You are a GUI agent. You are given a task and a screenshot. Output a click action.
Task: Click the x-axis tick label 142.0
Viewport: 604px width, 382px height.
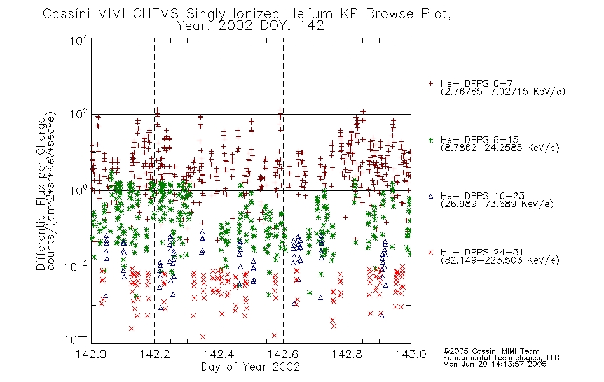coord(91,354)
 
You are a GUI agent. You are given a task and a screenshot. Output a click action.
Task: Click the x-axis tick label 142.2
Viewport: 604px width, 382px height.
coord(155,354)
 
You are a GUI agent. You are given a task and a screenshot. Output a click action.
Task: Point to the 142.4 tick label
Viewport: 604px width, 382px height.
coord(219,354)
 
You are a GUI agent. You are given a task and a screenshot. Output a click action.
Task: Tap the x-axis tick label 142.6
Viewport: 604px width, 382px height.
coord(283,354)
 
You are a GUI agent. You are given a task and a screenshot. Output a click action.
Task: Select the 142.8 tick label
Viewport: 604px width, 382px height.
coord(347,354)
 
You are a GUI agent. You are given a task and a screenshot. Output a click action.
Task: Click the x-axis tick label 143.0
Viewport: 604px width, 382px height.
coord(411,354)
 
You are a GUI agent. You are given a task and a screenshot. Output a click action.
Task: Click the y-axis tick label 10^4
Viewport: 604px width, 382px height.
coord(78,41)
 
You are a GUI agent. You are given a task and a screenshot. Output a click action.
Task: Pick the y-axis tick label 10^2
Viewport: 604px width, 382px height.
coord(78,115)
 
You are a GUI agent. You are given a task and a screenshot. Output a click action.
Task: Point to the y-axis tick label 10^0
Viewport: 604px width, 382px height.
coord(78,190)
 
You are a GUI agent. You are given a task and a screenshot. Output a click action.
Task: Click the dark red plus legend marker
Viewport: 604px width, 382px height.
coord(430,83)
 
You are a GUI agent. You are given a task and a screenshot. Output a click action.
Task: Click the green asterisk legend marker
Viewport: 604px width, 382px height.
coord(430,140)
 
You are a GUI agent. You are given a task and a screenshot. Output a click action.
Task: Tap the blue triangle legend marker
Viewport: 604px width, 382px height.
coord(430,196)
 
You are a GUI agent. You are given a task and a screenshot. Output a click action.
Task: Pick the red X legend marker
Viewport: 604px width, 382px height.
coord(430,252)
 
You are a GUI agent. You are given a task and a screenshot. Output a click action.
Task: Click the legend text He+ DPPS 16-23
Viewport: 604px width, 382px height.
coord(483,196)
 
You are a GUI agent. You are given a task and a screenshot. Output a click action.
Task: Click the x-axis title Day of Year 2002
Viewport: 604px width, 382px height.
coord(251,367)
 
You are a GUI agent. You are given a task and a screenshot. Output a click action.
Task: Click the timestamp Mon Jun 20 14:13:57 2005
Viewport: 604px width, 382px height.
coord(495,364)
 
